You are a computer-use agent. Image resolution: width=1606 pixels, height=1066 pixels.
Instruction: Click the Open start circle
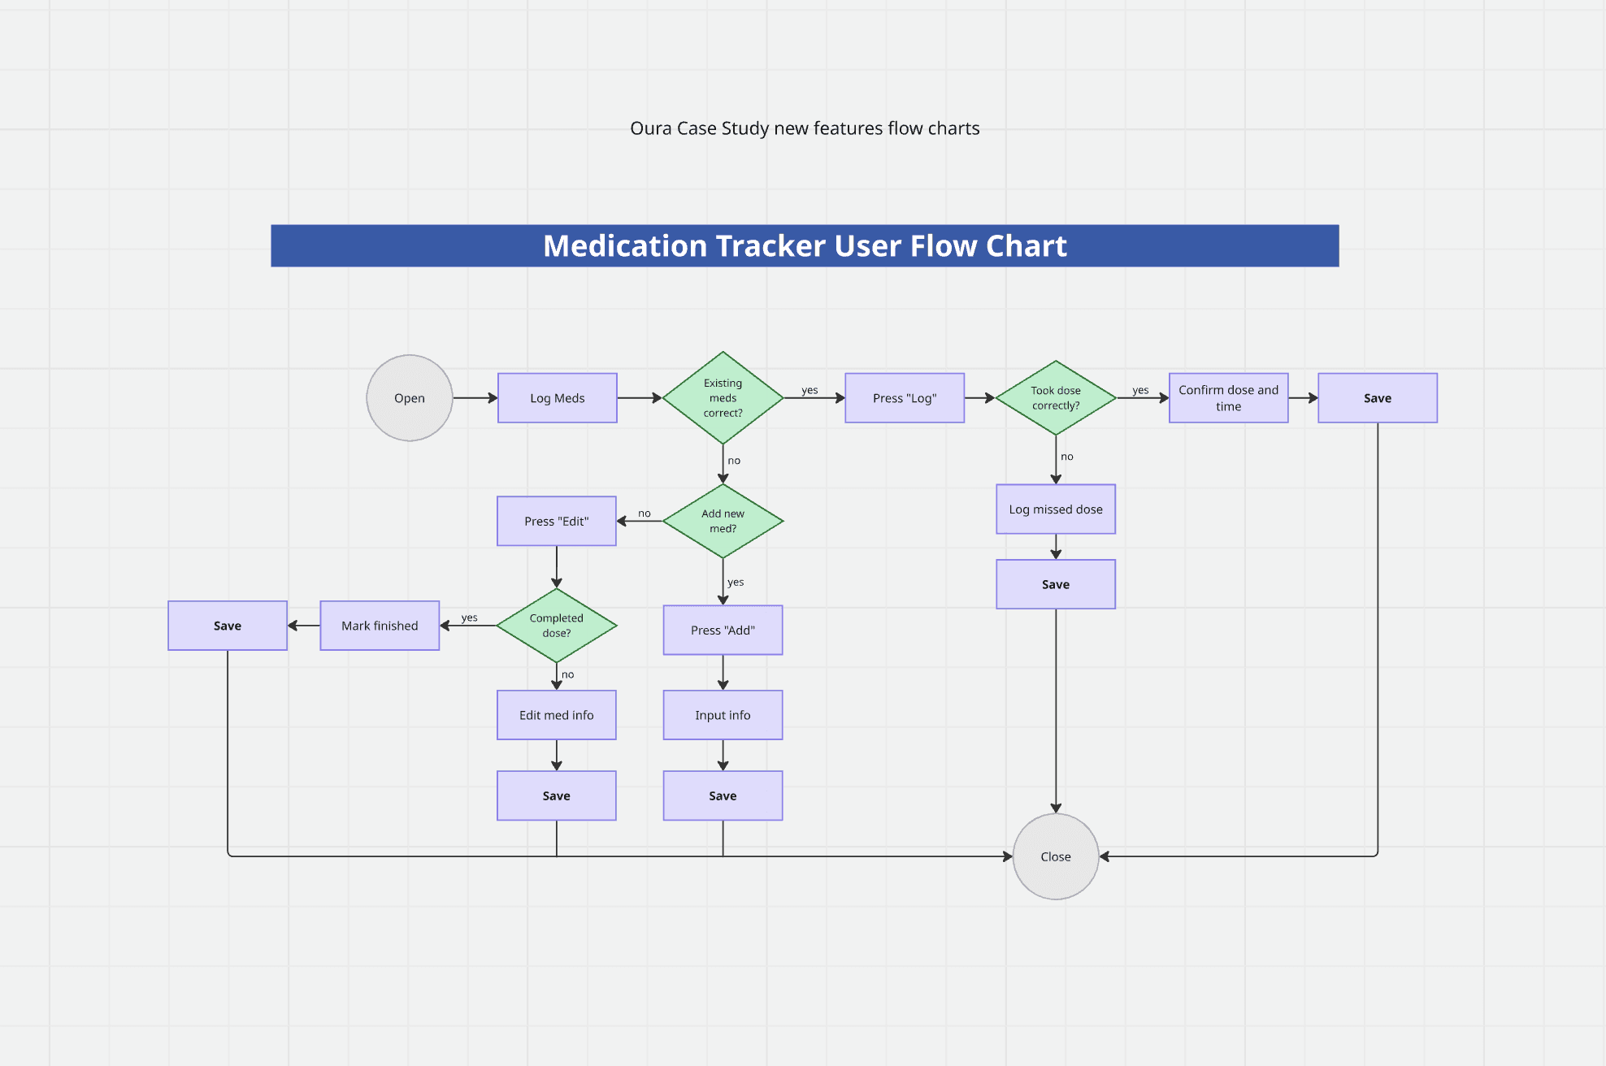coord(410,398)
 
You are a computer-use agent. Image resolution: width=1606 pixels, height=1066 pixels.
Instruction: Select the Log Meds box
coord(558,398)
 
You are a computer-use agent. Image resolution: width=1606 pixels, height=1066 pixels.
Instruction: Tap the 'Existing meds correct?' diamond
coord(723,398)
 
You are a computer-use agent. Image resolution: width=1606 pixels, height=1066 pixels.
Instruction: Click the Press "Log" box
coord(905,398)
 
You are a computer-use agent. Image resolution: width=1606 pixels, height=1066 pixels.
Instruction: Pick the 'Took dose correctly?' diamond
coord(1056,398)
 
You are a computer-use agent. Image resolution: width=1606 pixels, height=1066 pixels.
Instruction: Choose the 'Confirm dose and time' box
coord(1229,398)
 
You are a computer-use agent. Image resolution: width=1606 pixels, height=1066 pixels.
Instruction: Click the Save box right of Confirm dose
coord(1378,398)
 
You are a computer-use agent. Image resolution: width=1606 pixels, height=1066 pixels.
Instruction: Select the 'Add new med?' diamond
coord(723,521)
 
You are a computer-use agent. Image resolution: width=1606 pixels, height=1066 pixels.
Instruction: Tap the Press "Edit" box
coord(557,521)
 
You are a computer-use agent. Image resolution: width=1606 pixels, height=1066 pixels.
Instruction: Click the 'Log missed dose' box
coord(1056,509)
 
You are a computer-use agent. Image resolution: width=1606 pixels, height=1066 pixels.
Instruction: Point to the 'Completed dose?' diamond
coord(557,626)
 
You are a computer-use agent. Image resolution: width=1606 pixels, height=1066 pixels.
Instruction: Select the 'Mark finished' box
coord(380,626)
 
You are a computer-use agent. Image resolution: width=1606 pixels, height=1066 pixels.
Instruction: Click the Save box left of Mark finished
coord(228,626)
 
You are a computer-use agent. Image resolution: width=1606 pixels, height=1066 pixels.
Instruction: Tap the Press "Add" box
coord(723,630)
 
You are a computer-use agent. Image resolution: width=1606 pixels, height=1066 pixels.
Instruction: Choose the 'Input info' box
coord(723,715)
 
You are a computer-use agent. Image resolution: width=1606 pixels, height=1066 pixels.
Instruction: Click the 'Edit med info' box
coord(557,715)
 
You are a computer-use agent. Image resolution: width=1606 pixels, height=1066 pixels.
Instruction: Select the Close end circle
coord(1056,856)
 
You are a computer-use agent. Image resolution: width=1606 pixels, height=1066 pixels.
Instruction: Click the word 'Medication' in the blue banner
coord(625,246)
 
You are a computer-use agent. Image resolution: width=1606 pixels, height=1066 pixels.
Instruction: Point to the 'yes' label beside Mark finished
coord(470,617)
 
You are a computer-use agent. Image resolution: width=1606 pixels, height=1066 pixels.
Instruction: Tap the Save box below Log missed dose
coord(1056,584)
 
